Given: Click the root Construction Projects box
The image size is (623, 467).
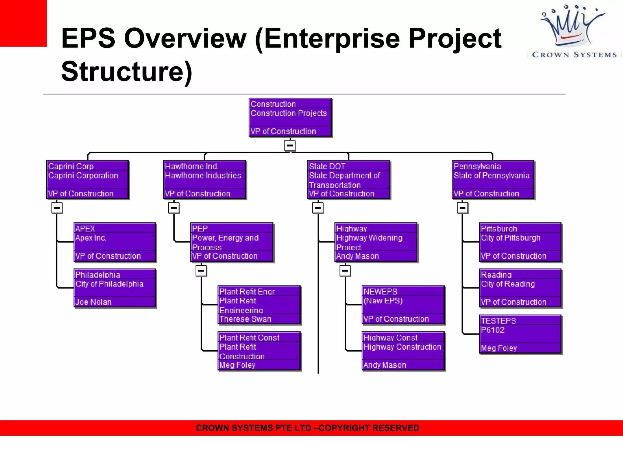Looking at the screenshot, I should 290,117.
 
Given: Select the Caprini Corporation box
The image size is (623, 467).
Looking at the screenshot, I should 87,180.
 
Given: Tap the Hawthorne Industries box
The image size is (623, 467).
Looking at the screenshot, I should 204,180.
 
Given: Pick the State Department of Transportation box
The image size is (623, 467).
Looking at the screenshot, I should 348,180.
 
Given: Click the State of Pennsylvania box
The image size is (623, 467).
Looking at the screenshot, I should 493,180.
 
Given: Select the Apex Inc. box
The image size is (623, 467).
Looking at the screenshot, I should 115,242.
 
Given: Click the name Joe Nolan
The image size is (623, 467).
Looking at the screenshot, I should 93,302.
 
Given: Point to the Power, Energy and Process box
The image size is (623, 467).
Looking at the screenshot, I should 231,242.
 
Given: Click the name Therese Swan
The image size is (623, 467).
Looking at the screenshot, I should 245,319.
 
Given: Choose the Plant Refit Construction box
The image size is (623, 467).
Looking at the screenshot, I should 259,351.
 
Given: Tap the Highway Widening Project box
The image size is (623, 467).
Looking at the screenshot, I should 376,242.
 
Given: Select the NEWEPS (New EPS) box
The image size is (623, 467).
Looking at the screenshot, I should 403,305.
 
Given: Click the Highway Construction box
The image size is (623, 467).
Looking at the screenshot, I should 403,351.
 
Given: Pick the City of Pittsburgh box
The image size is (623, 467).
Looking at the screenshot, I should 520,242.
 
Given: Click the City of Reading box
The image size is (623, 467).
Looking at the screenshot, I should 520,288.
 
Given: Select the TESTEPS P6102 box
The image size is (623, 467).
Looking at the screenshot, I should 520,334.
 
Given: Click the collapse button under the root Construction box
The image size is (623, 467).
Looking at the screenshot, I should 290,145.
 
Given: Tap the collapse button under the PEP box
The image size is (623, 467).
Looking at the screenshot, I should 201,271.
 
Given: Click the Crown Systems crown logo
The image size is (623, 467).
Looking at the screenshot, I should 572,27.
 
